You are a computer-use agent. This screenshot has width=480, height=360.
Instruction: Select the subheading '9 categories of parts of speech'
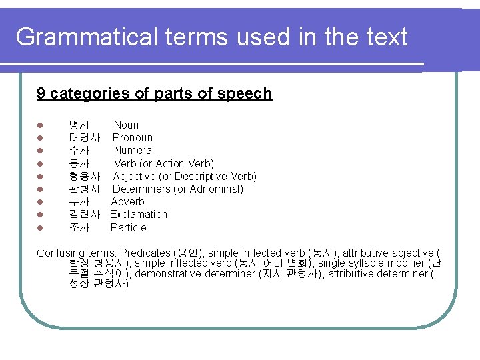tap(154, 93)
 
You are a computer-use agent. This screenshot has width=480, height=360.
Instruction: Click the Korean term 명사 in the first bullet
tap(79, 125)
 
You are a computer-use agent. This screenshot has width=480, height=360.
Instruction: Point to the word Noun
tap(126, 125)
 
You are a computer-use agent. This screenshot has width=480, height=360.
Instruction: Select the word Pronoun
tap(133, 137)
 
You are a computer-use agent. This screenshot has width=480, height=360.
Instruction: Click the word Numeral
tap(133, 150)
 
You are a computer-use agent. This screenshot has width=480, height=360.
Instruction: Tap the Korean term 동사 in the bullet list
tap(79, 163)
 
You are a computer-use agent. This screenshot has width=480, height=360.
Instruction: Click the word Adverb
tap(127, 201)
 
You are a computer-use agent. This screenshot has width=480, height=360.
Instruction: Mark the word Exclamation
tap(139, 214)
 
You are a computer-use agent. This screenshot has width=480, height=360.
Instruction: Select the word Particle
tap(128, 227)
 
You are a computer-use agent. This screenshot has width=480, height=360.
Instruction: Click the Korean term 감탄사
tap(85, 214)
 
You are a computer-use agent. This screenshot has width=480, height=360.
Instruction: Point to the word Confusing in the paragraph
tap(60, 253)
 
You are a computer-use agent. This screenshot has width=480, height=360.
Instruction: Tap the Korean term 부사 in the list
tap(79, 201)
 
